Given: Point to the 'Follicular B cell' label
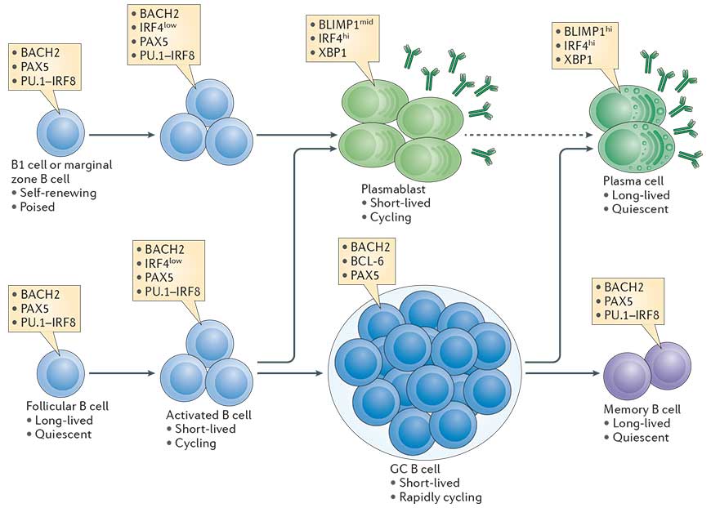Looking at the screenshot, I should point(66,406).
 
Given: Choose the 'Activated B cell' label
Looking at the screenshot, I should point(208,414).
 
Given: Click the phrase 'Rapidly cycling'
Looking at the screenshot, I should point(441,497).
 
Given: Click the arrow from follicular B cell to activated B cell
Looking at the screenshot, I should point(123,373).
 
